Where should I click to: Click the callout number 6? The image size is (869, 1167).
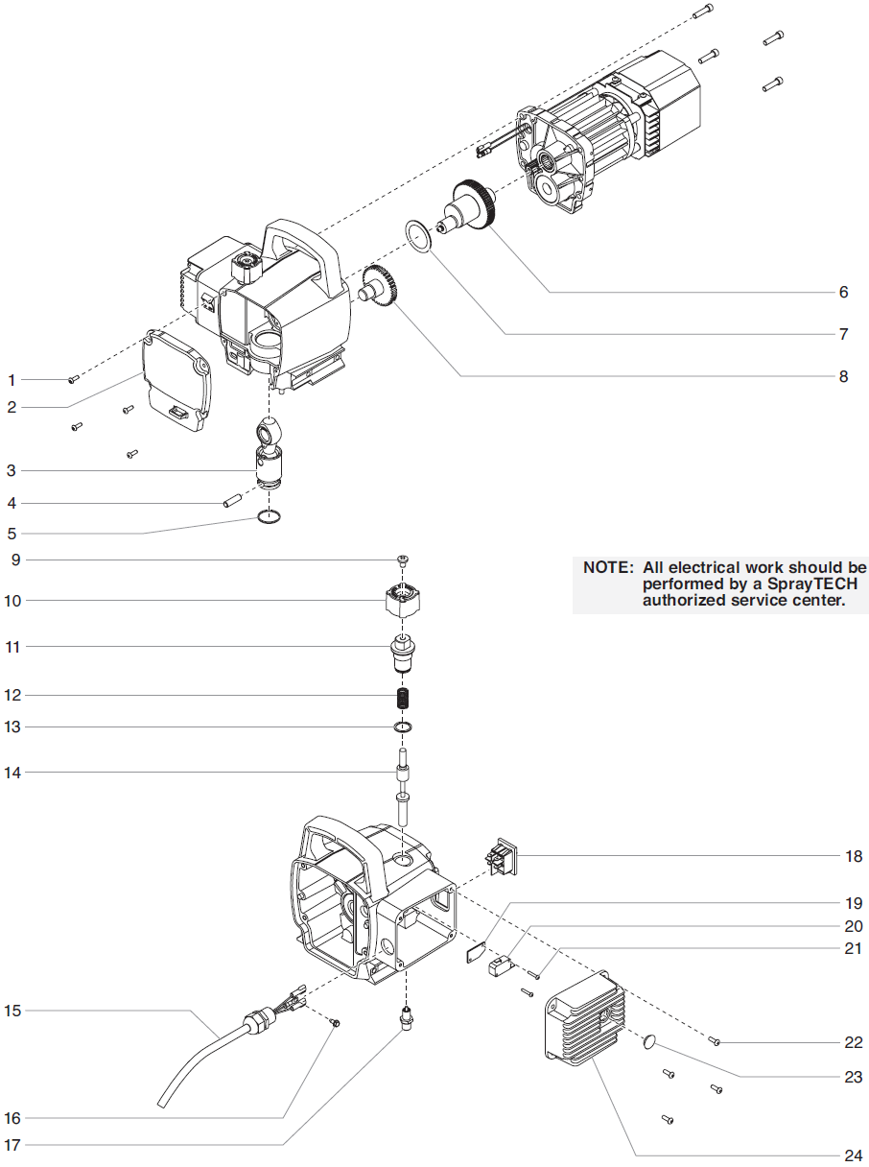(x=843, y=292)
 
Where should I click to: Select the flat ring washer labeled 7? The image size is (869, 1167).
(x=417, y=233)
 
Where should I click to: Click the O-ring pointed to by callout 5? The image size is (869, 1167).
(x=270, y=518)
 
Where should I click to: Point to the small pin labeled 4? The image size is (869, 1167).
(x=231, y=501)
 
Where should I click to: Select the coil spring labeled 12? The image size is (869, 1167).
(x=404, y=695)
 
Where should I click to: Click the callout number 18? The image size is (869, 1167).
(x=854, y=856)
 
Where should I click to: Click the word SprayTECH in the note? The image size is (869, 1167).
(x=821, y=583)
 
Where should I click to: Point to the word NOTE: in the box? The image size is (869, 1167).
(x=608, y=567)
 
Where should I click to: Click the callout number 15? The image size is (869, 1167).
(x=12, y=1011)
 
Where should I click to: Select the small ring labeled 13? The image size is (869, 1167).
(x=404, y=726)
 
